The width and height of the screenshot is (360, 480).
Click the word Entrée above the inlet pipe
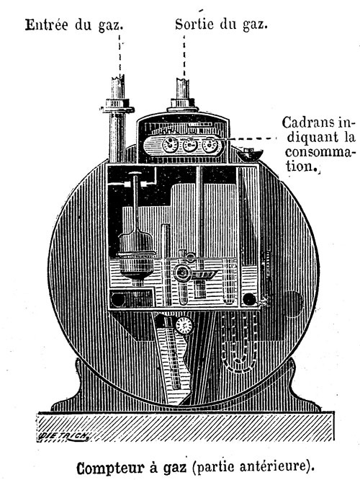coord(47,25)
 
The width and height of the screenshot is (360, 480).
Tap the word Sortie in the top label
coord(194,24)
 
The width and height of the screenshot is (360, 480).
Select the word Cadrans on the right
coord(307,123)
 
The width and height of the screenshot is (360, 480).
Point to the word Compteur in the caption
coord(110,468)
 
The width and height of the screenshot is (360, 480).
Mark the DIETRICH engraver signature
coord(64,436)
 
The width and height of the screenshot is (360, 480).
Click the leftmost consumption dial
coord(170,144)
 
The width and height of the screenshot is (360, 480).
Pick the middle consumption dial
coord(190,145)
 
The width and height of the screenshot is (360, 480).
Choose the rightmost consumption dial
coord(210,145)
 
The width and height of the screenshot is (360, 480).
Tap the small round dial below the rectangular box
coord(184,325)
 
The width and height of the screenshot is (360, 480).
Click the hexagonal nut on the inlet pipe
coord(117,105)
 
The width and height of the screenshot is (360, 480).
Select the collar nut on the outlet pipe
coord(183,105)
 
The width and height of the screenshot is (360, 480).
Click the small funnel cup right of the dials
coord(250,154)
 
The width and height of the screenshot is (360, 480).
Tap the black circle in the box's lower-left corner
coord(117,299)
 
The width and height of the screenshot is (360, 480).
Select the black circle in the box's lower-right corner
coord(249,299)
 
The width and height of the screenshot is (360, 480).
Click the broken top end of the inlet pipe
coord(118,78)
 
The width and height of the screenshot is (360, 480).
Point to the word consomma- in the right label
coord(320,152)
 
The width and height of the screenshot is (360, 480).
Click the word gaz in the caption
coord(175,468)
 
